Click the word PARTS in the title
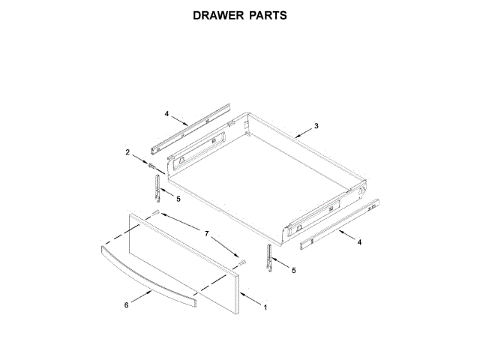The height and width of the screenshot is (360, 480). click(267, 14)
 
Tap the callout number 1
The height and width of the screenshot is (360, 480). click(264, 306)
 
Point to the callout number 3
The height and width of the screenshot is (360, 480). click(316, 126)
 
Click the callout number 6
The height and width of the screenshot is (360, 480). click(126, 304)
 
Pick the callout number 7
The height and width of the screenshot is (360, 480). click(207, 233)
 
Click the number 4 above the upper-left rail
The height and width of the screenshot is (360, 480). click(166, 114)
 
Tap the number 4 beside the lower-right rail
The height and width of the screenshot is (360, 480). click(359, 242)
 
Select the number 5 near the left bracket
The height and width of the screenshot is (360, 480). click(178, 199)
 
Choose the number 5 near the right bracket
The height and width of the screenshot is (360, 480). click(293, 269)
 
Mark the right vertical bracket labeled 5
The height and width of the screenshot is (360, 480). click(270, 256)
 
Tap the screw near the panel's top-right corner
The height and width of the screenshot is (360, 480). click(242, 262)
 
